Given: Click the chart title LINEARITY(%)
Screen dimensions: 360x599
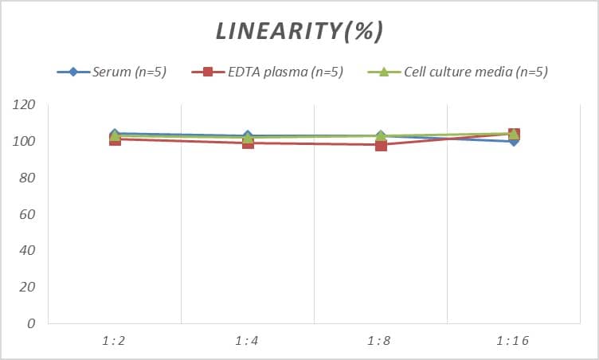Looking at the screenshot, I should (299, 31).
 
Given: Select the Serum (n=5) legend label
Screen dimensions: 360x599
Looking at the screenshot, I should (128, 72).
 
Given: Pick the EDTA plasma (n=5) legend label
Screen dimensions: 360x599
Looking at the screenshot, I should (284, 72).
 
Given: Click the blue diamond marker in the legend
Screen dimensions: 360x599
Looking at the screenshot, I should (73, 72).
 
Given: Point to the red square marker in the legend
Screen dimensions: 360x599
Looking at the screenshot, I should (208, 72).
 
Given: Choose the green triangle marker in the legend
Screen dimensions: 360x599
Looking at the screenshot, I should (382, 72).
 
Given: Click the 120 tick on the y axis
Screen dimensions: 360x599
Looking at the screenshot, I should (25, 105).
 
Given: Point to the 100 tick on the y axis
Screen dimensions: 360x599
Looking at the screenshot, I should (25, 142).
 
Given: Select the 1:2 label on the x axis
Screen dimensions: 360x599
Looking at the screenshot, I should (114, 341).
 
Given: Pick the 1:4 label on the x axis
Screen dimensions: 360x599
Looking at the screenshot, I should (247, 341).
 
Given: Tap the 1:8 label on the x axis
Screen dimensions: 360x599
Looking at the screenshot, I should (380, 341).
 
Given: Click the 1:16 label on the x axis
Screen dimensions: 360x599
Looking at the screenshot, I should (513, 341).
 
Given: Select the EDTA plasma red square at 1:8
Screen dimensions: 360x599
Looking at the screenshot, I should (381, 145).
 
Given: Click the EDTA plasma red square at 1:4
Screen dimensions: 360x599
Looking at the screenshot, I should (248, 143).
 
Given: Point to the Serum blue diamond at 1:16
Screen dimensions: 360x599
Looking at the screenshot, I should (514, 141).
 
